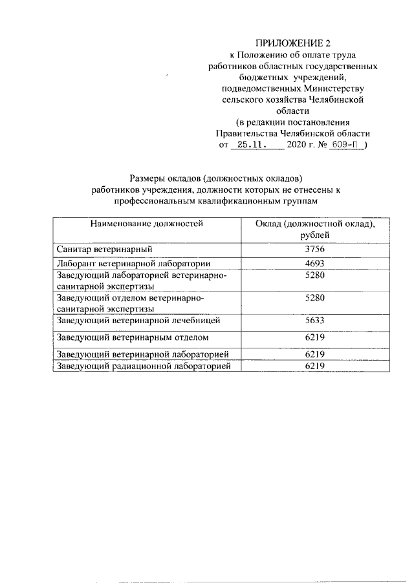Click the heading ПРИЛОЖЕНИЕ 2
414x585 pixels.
(292, 43)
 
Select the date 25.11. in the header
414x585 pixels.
(257, 146)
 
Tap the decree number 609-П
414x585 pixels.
(345, 146)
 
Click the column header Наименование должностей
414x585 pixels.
(147, 224)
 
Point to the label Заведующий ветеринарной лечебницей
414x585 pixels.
(138, 320)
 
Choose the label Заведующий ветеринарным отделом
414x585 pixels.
(132, 337)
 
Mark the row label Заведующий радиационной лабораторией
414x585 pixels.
(144, 366)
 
